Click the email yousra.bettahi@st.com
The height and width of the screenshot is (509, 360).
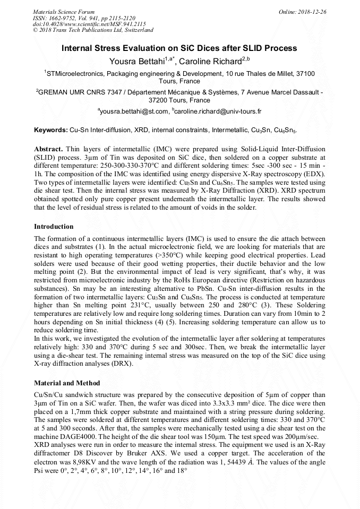pos(134,112)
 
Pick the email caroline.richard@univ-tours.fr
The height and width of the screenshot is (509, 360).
pos(217,112)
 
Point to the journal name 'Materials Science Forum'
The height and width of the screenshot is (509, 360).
pos(64,11)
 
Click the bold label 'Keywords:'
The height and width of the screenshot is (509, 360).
pos(51,130)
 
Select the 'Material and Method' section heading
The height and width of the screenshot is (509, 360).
pos(66,383)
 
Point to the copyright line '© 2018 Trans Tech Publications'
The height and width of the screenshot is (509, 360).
pos(80,30)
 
